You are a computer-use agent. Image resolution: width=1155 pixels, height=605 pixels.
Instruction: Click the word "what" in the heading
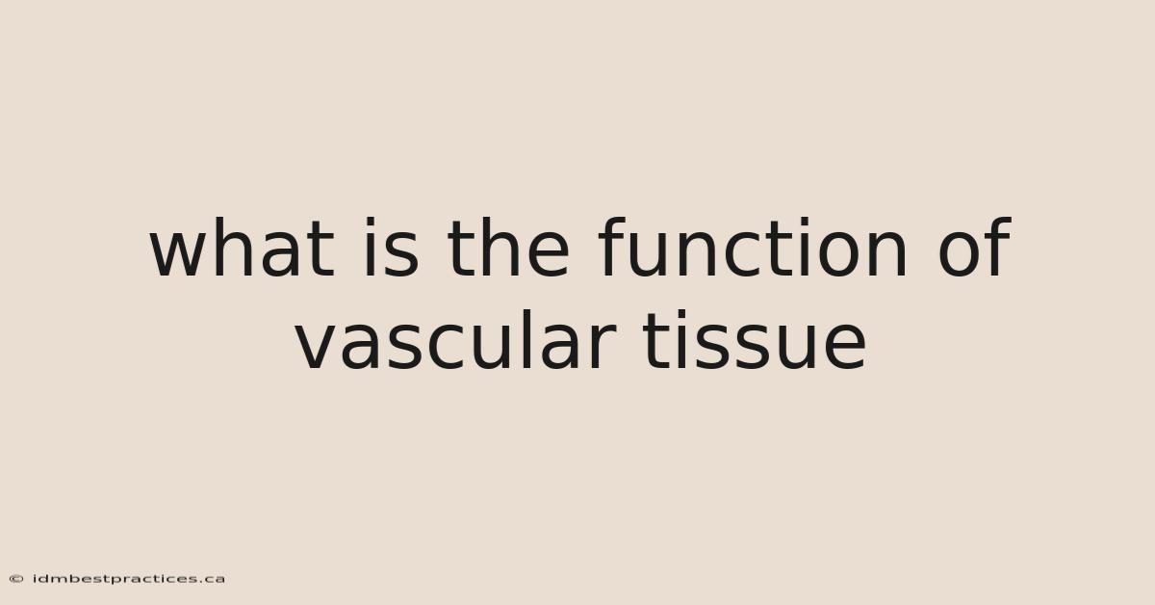[243, 248]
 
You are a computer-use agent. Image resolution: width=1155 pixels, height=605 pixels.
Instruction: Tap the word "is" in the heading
[392, 248]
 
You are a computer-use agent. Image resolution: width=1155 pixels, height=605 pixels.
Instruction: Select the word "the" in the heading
[508, 248]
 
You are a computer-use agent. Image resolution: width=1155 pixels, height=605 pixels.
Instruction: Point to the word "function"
[753, 248]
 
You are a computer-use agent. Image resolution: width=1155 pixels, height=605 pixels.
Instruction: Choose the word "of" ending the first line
[974, 248]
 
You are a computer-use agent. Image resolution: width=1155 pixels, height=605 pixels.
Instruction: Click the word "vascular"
[456, 341]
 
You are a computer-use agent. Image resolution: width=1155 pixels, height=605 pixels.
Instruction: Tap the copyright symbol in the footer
[16, 579]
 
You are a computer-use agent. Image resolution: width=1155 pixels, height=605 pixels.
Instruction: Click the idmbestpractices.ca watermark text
[129, 579]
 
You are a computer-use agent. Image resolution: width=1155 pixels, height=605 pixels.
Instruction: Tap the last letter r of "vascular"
[603, 347]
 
